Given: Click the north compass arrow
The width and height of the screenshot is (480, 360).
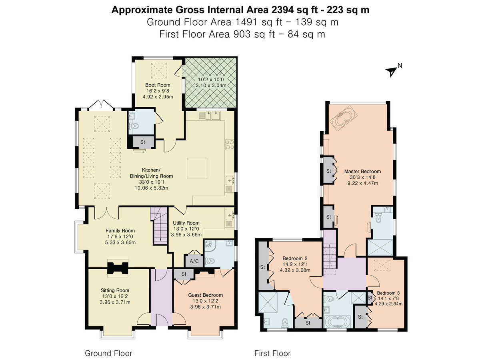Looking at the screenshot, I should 391,71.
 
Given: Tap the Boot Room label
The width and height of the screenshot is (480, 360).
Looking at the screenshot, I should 158,85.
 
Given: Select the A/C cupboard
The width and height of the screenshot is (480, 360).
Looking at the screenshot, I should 194,261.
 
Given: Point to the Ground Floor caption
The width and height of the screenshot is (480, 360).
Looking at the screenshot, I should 108,353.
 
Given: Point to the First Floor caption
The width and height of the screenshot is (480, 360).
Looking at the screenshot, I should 272,353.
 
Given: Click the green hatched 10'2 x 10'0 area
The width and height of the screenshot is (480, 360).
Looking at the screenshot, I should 210,82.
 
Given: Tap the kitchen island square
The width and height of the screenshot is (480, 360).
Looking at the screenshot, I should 198,168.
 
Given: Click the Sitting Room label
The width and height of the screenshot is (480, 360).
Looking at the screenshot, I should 115,290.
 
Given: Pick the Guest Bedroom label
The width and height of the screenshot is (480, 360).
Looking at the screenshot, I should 204,295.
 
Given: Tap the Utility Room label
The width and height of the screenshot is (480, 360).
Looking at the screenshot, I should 186,223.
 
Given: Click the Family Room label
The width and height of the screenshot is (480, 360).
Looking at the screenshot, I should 120,230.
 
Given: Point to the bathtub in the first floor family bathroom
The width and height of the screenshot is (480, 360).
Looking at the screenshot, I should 337,322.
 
